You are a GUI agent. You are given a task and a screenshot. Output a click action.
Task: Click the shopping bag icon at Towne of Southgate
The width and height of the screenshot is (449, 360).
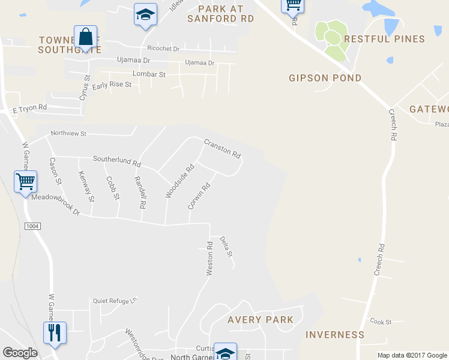[x=86, y=37]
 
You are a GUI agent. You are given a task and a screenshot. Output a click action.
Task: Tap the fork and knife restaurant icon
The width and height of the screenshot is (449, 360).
[x=55, y=332]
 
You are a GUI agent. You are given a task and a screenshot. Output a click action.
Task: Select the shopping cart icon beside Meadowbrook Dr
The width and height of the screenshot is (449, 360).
[x=25, y=181]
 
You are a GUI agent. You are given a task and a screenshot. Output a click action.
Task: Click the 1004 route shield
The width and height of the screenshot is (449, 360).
[x=32, y=226]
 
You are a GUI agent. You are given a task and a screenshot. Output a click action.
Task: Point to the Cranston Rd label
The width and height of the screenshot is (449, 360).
[x=222, y=149]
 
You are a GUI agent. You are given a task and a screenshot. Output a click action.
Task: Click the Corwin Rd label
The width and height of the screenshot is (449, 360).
[x=199, y=196]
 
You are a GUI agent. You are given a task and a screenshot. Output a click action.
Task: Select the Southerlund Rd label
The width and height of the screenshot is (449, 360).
[x=116, y=161]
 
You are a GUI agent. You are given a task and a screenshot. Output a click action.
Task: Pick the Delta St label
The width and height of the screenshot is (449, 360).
[x=226, y=247]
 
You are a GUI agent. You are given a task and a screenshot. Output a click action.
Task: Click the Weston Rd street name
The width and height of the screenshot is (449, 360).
[x=209, y=259]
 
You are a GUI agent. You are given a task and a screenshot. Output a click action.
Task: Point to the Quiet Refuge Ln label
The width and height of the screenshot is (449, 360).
[x=115, y=299]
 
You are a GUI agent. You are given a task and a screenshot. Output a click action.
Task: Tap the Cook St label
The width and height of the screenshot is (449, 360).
[x=381, y=322]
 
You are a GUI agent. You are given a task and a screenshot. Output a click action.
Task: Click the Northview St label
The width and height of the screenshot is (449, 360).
[x=69, y=133]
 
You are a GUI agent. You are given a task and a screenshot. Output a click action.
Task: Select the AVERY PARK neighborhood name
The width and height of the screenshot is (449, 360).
[x=261, y=320]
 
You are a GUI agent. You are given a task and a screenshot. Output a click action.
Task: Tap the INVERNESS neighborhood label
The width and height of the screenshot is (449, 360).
[x=335, y=335]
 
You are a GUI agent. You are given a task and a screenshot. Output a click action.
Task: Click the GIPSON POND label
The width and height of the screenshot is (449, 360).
[x=325, y=78]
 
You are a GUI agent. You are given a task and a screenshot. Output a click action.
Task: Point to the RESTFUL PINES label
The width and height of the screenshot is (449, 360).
[x=384, y=39]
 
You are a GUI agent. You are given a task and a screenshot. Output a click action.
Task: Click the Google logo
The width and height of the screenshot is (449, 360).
[x=20, y=353]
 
